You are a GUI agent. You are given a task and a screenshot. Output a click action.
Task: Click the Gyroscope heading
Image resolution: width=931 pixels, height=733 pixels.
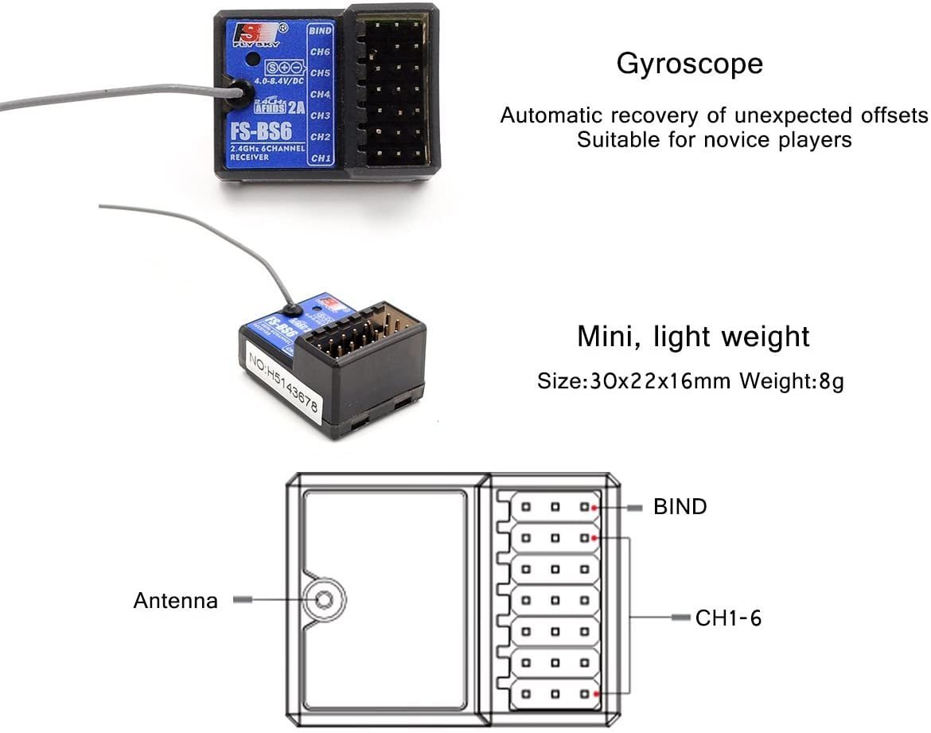click(x=689, y=64)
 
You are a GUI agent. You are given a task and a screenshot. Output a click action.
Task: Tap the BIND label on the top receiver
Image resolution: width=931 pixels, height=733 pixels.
click(x=320, y=31)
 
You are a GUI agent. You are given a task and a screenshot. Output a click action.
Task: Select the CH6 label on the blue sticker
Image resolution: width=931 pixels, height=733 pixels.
click(x=320, y=53)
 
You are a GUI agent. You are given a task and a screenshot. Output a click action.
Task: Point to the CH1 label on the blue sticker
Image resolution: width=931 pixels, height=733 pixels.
click(x=321, y=158)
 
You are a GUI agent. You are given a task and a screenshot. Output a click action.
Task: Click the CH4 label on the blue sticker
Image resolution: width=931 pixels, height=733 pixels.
click(x=320, y=95)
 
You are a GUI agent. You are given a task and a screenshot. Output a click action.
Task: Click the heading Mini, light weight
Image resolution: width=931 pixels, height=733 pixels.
click(x=693, y=337)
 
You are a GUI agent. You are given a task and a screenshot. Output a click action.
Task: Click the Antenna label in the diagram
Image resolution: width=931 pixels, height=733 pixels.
click(x=175, y=600)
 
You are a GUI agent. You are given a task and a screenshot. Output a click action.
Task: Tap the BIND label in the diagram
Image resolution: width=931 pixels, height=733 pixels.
click(x=680, y=506)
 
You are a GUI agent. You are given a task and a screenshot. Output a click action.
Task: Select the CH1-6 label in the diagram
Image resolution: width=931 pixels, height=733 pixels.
click(x=728, y=618)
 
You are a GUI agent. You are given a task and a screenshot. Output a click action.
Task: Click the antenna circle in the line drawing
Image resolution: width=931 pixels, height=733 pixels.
click(x=323, y=599)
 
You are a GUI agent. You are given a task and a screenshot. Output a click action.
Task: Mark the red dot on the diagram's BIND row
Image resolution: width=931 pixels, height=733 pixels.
click(x=594, y=506)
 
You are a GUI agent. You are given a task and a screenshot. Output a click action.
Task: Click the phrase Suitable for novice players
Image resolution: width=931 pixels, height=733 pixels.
click(x=714, y=140)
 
